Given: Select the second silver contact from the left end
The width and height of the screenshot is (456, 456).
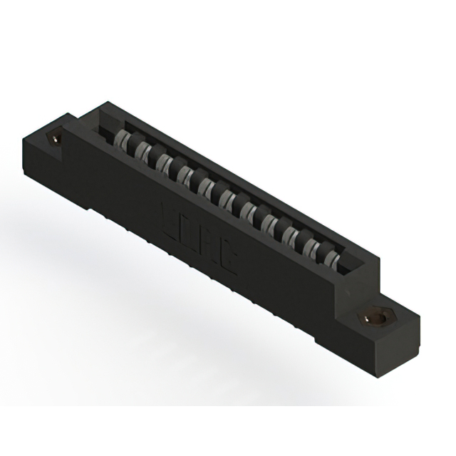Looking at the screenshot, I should [142, 152].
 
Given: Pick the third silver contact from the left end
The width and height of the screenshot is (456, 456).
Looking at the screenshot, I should [163, 163].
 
